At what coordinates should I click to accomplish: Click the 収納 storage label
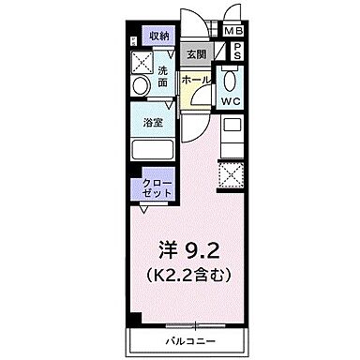coord(160,36)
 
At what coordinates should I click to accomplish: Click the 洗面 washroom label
coord(162,76)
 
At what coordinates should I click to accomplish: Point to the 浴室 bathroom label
coord(155,121)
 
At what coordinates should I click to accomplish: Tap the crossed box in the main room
coord(231,172)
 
